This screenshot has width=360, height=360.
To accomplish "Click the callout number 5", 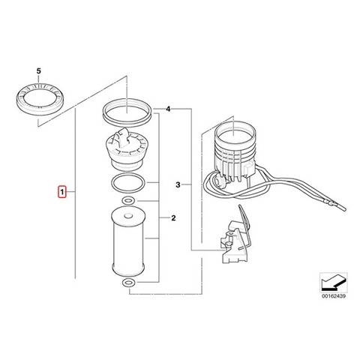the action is (38, 71).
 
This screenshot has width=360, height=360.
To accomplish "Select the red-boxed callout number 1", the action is (62, 192).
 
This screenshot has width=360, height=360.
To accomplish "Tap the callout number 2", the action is (173, 218).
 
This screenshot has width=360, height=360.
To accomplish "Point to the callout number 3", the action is (178, 185).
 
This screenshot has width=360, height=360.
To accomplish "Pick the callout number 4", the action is (168, 109).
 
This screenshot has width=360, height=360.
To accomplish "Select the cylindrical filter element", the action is (128, 242).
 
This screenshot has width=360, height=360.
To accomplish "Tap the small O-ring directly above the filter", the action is (128, 201).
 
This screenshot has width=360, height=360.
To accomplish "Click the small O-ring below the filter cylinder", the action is (128, 283).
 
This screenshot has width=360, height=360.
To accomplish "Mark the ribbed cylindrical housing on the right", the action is (235, 152).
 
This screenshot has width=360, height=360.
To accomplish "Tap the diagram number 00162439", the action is (334, 296).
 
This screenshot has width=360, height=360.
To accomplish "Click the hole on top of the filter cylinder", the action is (128, 214).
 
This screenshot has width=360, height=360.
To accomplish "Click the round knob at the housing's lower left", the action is (220, 181).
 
